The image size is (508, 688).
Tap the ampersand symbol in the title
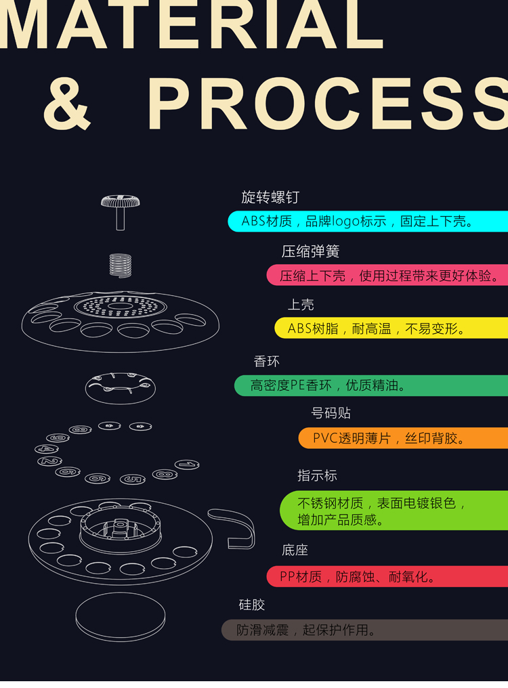pos(67,104)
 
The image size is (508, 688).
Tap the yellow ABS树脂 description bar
pos(391,328)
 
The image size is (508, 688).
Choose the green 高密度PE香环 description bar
pos(371,385)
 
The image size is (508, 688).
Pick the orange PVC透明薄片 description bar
pos(403,438)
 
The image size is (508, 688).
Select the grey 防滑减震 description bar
pos(364,630)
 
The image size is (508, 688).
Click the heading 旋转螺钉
pos(270,198)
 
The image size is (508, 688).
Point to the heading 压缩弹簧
pos(310,252)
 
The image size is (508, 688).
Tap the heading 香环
pos(266,362)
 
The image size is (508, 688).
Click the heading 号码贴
pos(331,413)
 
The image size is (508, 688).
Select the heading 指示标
pos(317,475)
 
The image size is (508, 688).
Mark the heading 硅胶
pos(252,605)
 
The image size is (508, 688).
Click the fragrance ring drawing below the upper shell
pos(120,387)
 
